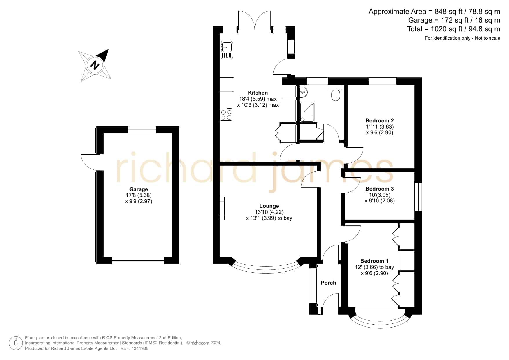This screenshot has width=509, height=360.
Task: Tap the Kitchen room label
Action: [258, 93]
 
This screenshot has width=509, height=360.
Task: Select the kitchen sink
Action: [227, 50]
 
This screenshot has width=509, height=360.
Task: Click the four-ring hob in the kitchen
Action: [227, 114]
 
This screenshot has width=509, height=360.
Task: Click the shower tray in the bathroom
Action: [307, 112]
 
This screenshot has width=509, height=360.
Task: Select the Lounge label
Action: [269, 206]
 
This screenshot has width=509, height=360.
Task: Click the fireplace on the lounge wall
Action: [222, 208]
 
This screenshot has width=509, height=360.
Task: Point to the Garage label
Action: [139, 189]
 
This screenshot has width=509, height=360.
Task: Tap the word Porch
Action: [328, 283]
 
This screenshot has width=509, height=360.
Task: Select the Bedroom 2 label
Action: [380, 121]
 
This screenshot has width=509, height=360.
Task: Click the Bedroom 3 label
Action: [380, 189]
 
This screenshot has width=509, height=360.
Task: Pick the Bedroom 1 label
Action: [374, 261]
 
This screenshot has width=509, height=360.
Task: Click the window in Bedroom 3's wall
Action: [418, 197]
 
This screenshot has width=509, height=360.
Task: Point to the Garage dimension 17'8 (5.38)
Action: [139, 195]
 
